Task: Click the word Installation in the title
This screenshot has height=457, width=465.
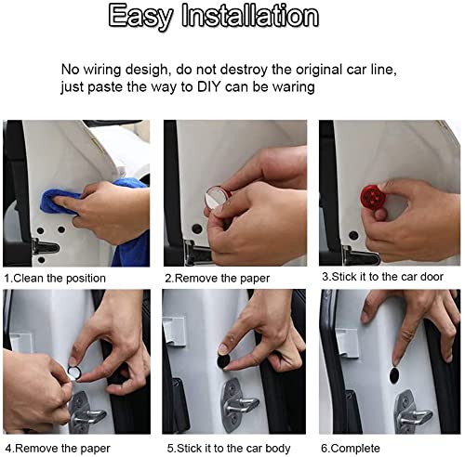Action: tap(250, 16)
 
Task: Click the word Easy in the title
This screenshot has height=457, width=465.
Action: tap(140, 18)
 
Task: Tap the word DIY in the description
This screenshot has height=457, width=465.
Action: tap(208, 86)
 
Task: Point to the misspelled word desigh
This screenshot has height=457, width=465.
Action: tap(145, 70)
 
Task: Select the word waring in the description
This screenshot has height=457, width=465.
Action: tap(293, 87)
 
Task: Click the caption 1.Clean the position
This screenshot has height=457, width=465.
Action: tap(55, 278)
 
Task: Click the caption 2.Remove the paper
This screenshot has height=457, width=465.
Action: tap(217, 279)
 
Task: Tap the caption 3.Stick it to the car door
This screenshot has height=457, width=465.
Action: tap(382, 277)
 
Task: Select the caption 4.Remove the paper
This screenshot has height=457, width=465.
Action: tap(58, 449)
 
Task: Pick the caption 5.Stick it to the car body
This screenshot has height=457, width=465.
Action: tap(229, 448)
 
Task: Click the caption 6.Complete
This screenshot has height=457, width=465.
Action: tap(351, 448)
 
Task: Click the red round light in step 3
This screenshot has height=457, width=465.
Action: tap(372, 196)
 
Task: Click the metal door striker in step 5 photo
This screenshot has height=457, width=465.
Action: tap(239, 405)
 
